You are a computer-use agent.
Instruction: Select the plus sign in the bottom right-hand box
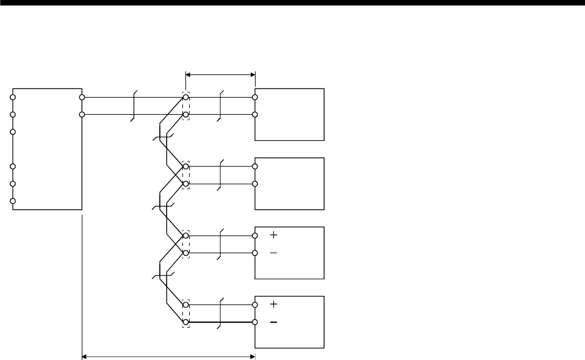click(x=274, y=304)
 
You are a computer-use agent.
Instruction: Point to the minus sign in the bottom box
click(x=274, y=322)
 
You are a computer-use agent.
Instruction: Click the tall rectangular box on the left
click(x=47, y=149)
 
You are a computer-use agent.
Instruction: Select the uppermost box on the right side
click(x=290, y=115)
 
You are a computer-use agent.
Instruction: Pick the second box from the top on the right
click(x=290, y=184)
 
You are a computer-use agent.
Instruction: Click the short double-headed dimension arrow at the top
click(x=220, y=74)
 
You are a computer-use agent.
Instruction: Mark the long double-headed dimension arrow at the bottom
click(x=168, y=355)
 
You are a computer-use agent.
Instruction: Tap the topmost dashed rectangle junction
click(x=186, y=106)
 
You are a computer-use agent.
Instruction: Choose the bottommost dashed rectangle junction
click(x=186, y=313)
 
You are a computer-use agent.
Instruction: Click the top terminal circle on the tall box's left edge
click(x=12, y=97)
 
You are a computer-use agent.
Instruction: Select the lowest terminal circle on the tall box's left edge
click(x=12, y=201)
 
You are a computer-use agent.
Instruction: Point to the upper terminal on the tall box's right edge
click(x=82, y=97)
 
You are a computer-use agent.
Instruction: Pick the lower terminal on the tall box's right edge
click(x=82, y=114)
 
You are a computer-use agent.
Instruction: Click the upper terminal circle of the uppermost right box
click(x=255, y=97)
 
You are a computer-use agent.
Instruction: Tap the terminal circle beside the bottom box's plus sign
click(x=255, y=304)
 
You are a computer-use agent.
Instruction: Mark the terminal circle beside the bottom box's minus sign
click(x=255, y=322)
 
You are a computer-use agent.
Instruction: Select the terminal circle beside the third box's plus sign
click(x=255, y=235)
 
